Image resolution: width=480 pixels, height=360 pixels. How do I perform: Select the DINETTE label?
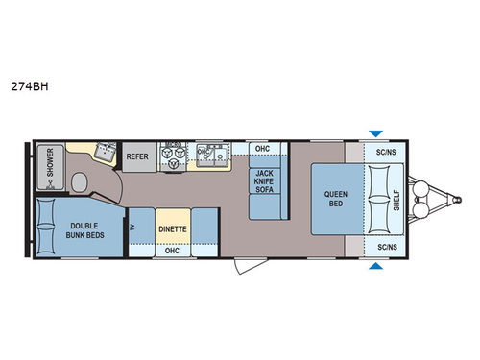coord(173,230)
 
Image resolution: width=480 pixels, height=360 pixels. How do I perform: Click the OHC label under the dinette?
coord(173,251)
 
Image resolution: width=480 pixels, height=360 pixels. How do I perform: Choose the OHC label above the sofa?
coord(263,149)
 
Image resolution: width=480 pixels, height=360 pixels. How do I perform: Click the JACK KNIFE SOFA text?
coord(263,177)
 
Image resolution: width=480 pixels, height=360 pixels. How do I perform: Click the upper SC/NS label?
coord(386,152)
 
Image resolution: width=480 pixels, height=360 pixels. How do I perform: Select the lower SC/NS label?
coord(386,247)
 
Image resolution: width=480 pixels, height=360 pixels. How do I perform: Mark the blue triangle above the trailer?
coord(375,133)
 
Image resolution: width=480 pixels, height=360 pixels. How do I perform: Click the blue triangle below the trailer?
coord(375,267)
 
